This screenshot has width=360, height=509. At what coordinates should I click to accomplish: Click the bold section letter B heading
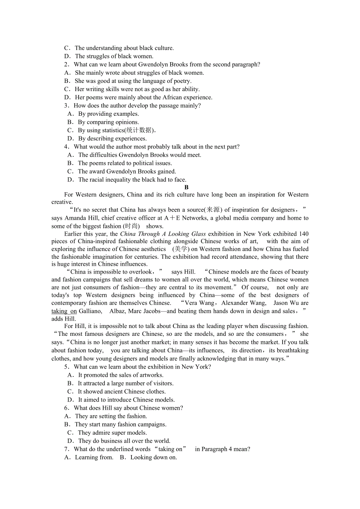(187, 187)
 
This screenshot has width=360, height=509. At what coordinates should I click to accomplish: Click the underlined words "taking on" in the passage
(64, 311)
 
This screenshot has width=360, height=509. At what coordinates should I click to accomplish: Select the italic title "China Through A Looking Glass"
(163, 234)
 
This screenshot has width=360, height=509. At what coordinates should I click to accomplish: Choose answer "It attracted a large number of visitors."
(125, 383)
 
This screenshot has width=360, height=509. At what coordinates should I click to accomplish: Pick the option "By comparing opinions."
(108, 122)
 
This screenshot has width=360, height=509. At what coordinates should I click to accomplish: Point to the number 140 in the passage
(303, 234)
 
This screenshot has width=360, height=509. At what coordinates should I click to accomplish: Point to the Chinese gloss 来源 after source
(214, 210)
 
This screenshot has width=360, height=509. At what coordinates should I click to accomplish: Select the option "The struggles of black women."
(114, 56)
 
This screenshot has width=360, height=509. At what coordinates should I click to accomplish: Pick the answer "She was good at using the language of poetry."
(133, 81)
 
